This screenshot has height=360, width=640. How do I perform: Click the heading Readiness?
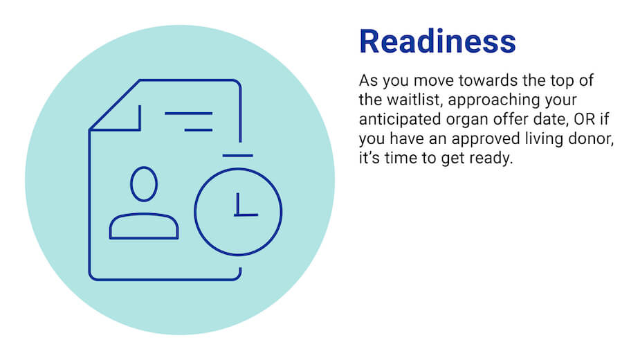click(437, 42)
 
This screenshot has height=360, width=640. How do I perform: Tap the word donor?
click(593, 139)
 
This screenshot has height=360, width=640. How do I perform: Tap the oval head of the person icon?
click(144, 183)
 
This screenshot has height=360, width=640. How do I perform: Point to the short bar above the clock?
click(238, 156)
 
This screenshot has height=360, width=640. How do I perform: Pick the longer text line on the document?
click(188, 113)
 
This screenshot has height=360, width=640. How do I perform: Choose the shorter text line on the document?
click(198, 129)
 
